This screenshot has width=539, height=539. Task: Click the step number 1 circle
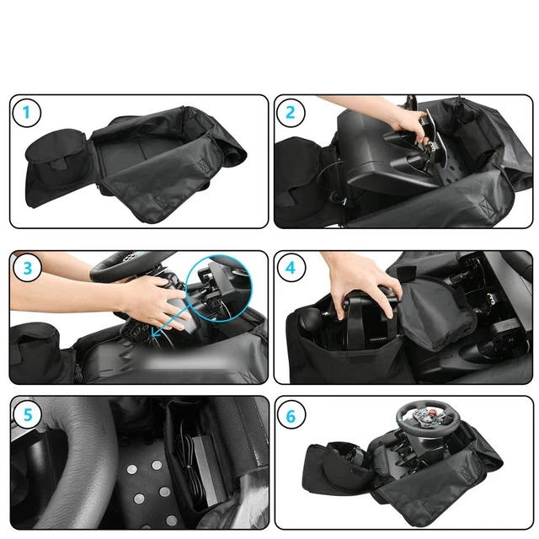(x=26, y=113)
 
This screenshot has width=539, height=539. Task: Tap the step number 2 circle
(x=291, y=113)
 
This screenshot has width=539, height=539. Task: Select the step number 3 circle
(x=28, y=268)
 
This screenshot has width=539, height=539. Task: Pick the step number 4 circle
(x=291, y=268)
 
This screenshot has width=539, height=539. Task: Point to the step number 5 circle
(x=28, y=415)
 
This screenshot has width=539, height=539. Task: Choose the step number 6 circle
(x=291, y=416)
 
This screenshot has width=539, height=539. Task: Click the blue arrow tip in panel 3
(x=152, y=336)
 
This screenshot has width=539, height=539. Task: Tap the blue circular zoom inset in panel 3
(x=219, y=289)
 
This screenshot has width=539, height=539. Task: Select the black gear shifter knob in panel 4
(x=310, y=318)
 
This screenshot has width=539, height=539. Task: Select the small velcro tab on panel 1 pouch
(x=58, y=163)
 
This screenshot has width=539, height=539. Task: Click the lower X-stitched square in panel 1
(x=160, y=202)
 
